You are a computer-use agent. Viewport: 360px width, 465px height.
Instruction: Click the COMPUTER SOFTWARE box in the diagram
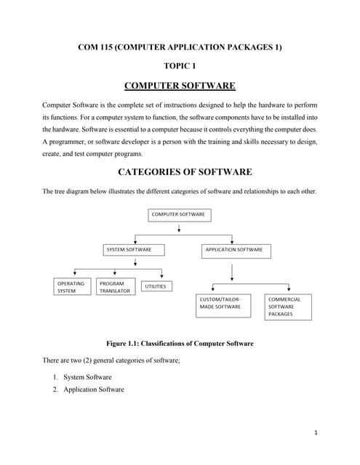[179, 215]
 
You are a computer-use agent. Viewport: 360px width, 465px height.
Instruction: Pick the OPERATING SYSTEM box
[73, 287]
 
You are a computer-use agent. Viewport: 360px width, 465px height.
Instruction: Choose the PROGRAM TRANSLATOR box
[116, 287]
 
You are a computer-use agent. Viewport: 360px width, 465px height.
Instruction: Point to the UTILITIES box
[156, 286]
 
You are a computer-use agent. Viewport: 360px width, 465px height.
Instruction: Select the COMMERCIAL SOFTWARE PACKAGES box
[289, 307]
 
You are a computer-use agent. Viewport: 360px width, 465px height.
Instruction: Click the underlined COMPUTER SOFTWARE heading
[180, 86]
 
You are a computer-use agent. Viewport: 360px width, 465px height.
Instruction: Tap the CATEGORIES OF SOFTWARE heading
[180, 172]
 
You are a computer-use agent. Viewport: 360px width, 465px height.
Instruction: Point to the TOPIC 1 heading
[180, 66]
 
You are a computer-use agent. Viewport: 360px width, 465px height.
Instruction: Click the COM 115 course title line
[180, 47]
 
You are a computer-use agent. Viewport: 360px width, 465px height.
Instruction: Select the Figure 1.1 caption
[180, 343]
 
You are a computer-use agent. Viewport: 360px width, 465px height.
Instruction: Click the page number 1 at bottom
[316, 433]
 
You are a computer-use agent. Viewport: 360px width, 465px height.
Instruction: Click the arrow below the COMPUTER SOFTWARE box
[179, 229]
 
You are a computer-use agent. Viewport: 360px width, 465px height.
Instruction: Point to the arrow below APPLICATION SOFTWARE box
[231, 270]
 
